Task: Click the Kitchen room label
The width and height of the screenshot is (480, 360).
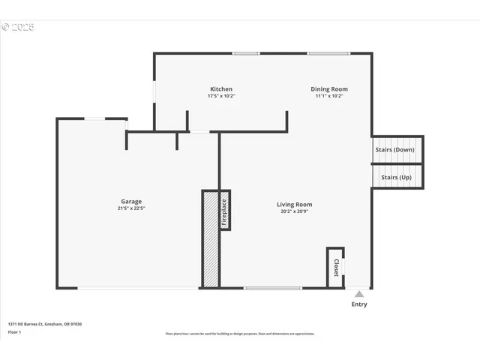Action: tap(220, 89)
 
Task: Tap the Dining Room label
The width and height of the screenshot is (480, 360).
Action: tap(329, 89)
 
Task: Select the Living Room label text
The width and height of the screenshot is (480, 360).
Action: tap(294, 204)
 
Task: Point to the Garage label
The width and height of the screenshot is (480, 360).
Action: tap(132, 201)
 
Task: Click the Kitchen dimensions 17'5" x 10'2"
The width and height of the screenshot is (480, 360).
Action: tap(220, 97)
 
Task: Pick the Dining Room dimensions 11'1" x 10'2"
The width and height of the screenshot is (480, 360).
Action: tap(329, 97)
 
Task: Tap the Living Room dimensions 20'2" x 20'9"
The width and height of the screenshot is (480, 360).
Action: tap(294, 211)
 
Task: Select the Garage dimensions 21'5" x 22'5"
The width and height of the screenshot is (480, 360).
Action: tap(132, 208)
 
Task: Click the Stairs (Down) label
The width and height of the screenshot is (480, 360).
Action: tap(394, 149)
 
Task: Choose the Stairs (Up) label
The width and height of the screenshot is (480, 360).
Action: tap(396, 177)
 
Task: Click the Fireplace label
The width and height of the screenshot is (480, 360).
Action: tap(223, 212)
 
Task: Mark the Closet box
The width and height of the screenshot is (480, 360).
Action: tap(335, 267)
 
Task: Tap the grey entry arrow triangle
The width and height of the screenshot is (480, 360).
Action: tap(359, 294)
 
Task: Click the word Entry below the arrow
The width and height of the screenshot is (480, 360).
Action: tap(359, 304)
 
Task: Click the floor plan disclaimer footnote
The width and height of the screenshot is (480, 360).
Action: tap(240, 334)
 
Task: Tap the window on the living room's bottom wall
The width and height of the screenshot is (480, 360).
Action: tap(273, 288)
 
